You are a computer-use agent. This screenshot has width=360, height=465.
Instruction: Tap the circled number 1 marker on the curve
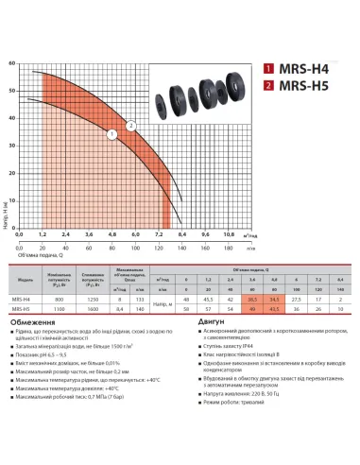click(111, 134)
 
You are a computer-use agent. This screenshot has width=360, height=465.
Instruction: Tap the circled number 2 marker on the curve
click(130, 125)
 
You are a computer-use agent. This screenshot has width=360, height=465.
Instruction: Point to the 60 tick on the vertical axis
click(10, 64)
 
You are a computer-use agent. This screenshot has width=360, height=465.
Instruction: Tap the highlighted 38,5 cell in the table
click(252, 298)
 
